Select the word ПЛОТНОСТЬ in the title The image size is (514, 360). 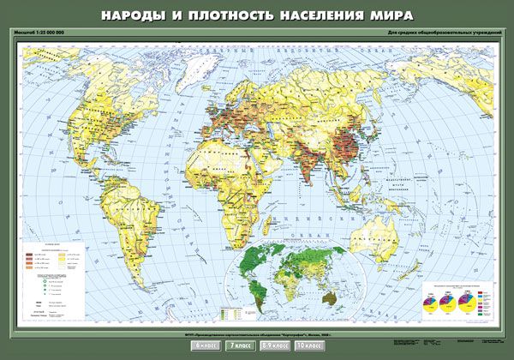pos(230,15)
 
